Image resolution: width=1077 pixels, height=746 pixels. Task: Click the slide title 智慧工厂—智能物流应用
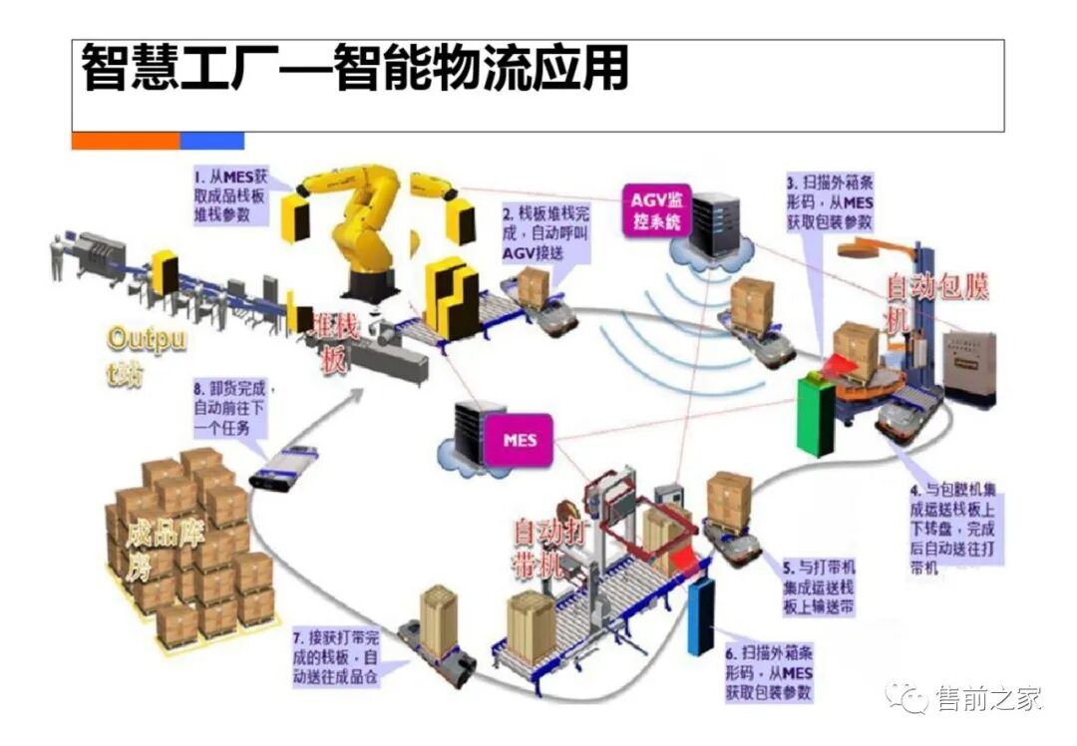tap(355, 69)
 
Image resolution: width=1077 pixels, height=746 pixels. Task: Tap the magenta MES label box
tap(517, 439)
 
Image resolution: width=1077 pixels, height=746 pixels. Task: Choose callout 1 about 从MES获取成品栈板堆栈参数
tap(231, 195)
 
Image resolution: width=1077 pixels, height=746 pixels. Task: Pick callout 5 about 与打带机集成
tap(819, 585)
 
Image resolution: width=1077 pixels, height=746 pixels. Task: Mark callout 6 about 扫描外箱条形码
tap(769, 672)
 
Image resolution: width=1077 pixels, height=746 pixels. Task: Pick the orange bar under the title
tap(125, 141)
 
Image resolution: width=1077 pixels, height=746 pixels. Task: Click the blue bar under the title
tap(211, 141)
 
